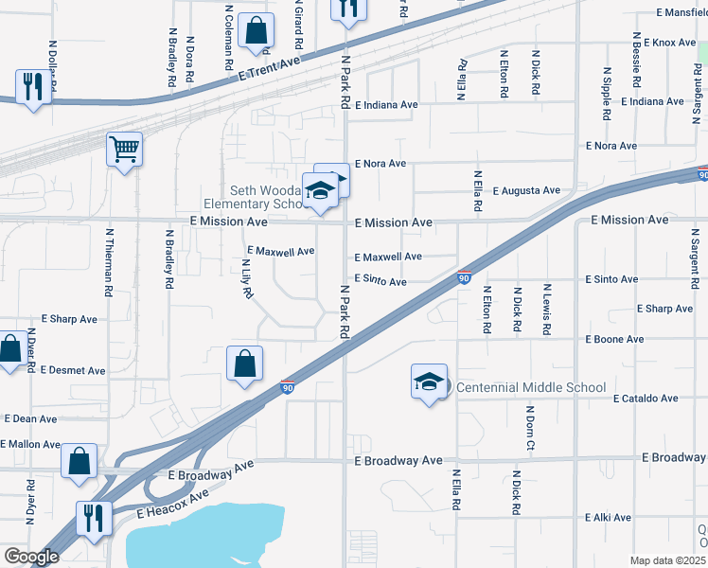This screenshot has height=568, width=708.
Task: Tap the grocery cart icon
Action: (124, 149)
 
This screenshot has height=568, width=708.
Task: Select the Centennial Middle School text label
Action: (530, 387)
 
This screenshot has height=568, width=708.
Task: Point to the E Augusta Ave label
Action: (525, 190)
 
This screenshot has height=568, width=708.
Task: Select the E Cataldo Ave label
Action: (646, 399)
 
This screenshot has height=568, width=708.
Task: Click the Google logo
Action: (31, 557)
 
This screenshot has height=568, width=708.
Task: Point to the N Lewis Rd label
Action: (547, 309)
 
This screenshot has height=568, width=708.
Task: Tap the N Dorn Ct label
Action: (530, 427)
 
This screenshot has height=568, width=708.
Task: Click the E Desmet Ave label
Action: (73, 370)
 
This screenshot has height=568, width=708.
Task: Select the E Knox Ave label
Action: (669, 43)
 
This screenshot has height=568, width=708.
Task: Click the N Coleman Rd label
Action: (229, 36)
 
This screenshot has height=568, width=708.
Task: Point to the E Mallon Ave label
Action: (30, 443)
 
